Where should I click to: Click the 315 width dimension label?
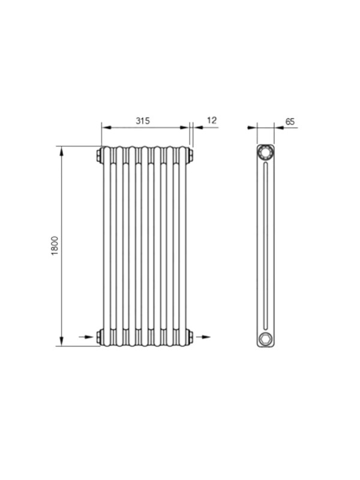tap(143, 121)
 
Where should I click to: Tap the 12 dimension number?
tap(212, 120)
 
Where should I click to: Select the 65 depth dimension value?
tap(290, 122)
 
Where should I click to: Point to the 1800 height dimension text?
tap(55, 246)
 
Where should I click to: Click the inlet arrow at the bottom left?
tap(86, 337)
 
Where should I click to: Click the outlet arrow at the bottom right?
tap(203, 337)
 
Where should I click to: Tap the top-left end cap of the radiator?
tap(99, 155)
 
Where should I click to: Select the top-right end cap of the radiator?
tap(190, 155)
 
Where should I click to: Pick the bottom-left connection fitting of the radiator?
tap(99, 337)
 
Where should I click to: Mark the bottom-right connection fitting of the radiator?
tap(190, 337)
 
